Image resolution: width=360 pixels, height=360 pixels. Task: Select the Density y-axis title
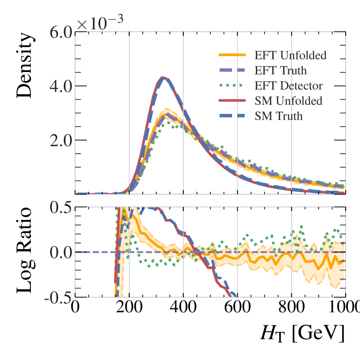[24, 65]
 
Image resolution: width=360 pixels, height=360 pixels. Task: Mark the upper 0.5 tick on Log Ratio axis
[57, 207]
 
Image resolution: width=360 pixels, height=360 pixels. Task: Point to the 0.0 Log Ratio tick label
[57, 252]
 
